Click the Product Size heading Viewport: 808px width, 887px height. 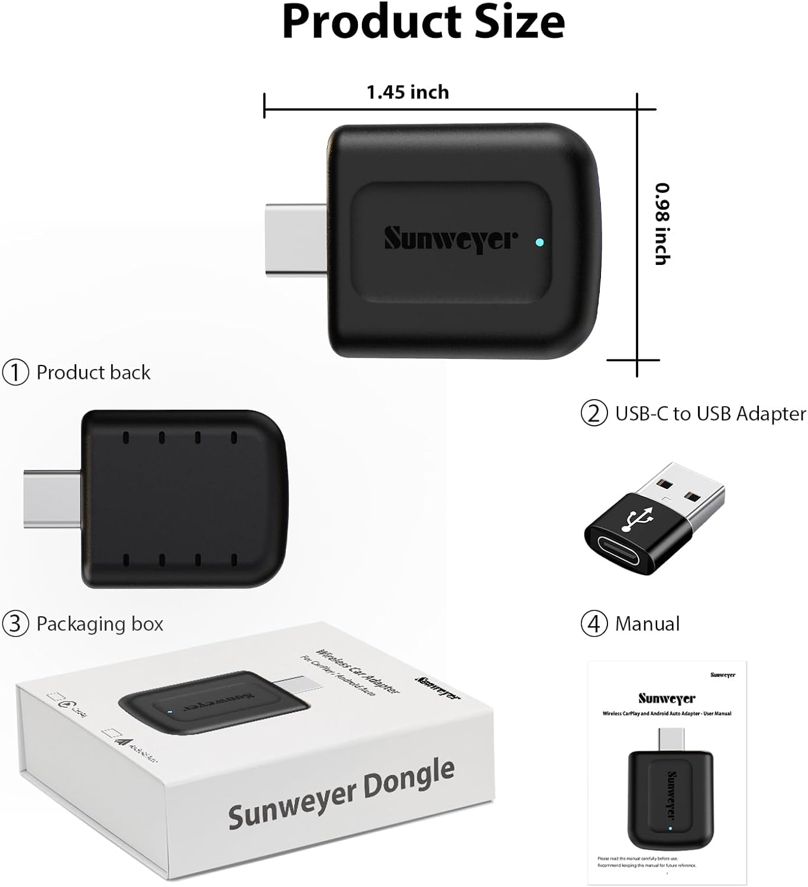(x=423, y=22)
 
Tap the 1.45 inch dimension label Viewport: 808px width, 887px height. (x=408, y=92)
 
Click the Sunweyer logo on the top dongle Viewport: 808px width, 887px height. (x=451, y=239)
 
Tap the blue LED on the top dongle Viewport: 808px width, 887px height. (x=538, y=242)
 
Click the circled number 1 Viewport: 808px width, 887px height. (x=15, y=373)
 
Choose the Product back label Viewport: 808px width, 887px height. (x=93, y=373)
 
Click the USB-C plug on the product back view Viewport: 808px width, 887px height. (x=52, y=498)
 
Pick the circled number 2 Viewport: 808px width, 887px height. (x=594, y=413)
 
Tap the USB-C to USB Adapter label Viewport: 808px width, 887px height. (x=710, y=413)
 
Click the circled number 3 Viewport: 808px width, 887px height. (x=15, y=624)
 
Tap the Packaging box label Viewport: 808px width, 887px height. (x=99, y=624)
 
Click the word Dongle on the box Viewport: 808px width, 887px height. (x=409, y=780)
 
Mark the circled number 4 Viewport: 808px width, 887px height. (x=594, y=624)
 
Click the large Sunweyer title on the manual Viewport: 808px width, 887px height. (x=667, y=698)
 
